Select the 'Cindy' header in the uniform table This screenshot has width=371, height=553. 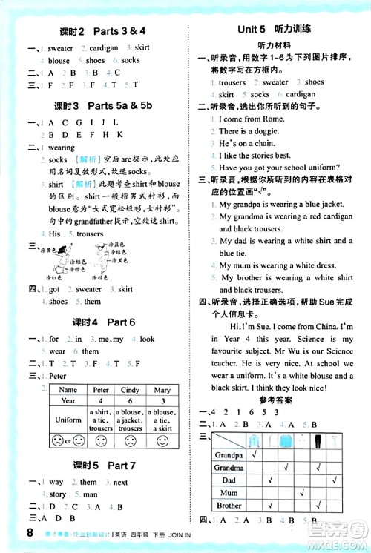pyautogui.click(x=130, y=390)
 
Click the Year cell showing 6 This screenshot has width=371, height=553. pyautogui.click(x=130, y=400)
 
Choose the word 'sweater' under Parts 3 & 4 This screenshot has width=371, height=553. pyautogui.click(x=61, y=48)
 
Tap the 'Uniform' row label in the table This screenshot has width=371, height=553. pyautogui.click(x=68, y=420)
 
